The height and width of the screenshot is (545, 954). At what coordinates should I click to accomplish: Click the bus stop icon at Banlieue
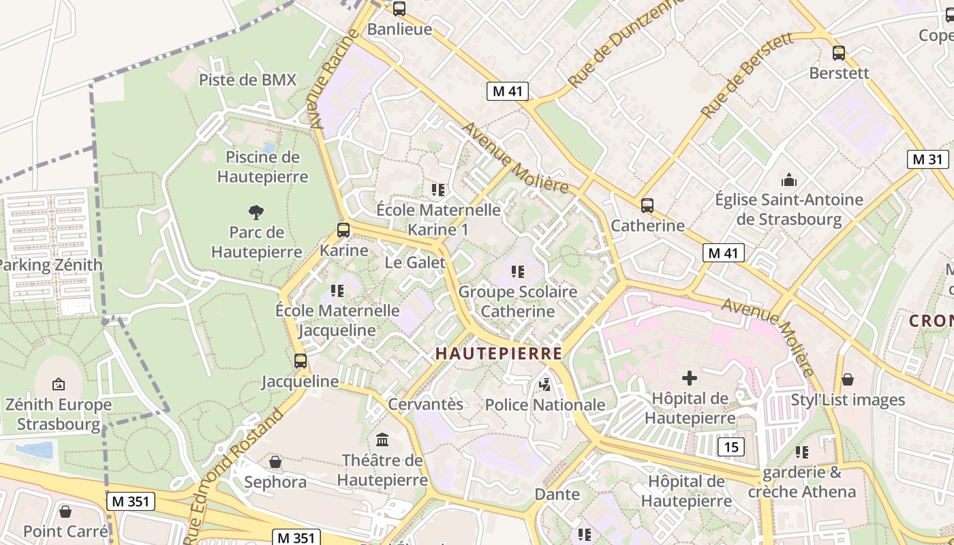[399, 9]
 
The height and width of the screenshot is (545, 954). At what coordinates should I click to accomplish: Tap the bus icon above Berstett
[839, 53]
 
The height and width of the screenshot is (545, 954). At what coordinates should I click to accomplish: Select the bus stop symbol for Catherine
[647, 205]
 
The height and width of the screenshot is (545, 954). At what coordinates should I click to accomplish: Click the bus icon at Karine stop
[343, 230]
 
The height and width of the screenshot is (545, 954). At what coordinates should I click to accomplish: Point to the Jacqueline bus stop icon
[301, 361]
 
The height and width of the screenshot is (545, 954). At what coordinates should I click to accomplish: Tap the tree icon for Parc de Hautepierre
[256, 213]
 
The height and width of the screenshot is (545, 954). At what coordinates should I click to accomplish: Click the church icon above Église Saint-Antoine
[789, 180]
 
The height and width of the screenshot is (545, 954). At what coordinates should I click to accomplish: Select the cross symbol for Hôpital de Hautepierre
[690, 378]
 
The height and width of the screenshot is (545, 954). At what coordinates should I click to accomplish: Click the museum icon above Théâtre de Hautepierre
[382, 440]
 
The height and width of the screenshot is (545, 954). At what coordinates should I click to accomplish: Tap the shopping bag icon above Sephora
[275, 463]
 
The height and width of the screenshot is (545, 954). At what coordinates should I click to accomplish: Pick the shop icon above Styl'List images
[848, 379]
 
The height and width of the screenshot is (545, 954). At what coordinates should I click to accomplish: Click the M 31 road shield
[928, 159]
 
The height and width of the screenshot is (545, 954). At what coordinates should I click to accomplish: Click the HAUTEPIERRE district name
[499, 354]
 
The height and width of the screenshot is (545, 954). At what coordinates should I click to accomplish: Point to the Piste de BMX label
[248, 80]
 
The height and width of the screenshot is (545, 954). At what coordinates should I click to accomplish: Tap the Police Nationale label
[545, 405]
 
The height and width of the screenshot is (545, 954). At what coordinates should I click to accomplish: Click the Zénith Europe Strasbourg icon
[59, 385]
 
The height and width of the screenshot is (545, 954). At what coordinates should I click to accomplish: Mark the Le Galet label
[415, 262]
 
